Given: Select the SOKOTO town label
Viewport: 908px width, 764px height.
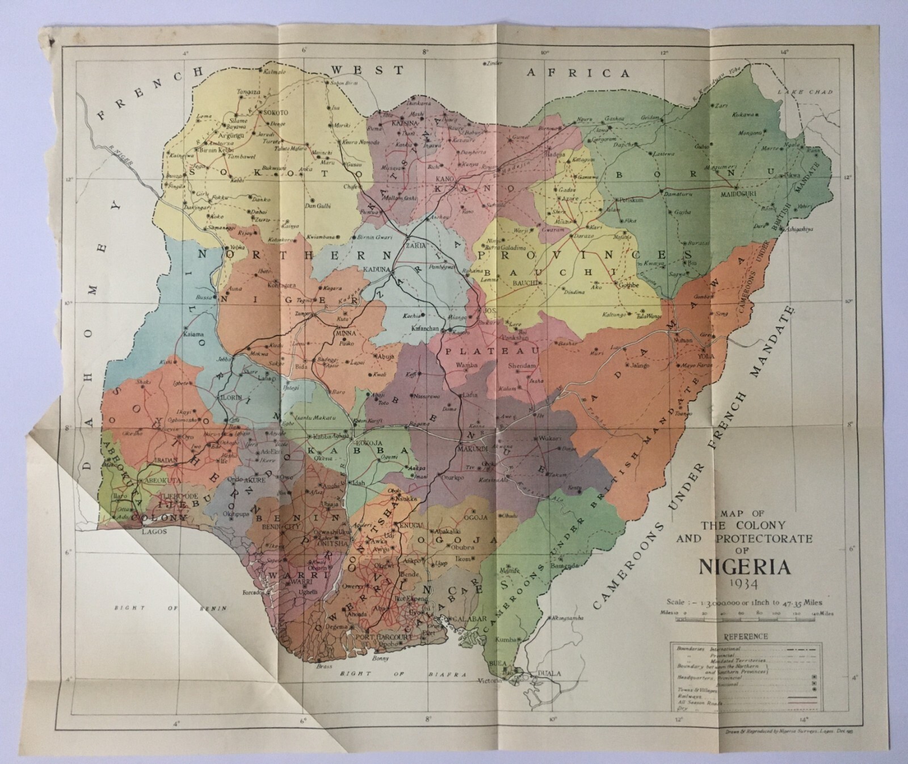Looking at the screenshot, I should [275, 113].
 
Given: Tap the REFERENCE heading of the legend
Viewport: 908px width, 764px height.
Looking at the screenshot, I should [746, 636].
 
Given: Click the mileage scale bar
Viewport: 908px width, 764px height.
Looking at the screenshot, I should [748, 620].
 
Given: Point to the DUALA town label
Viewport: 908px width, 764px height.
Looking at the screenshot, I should [548, 674].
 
